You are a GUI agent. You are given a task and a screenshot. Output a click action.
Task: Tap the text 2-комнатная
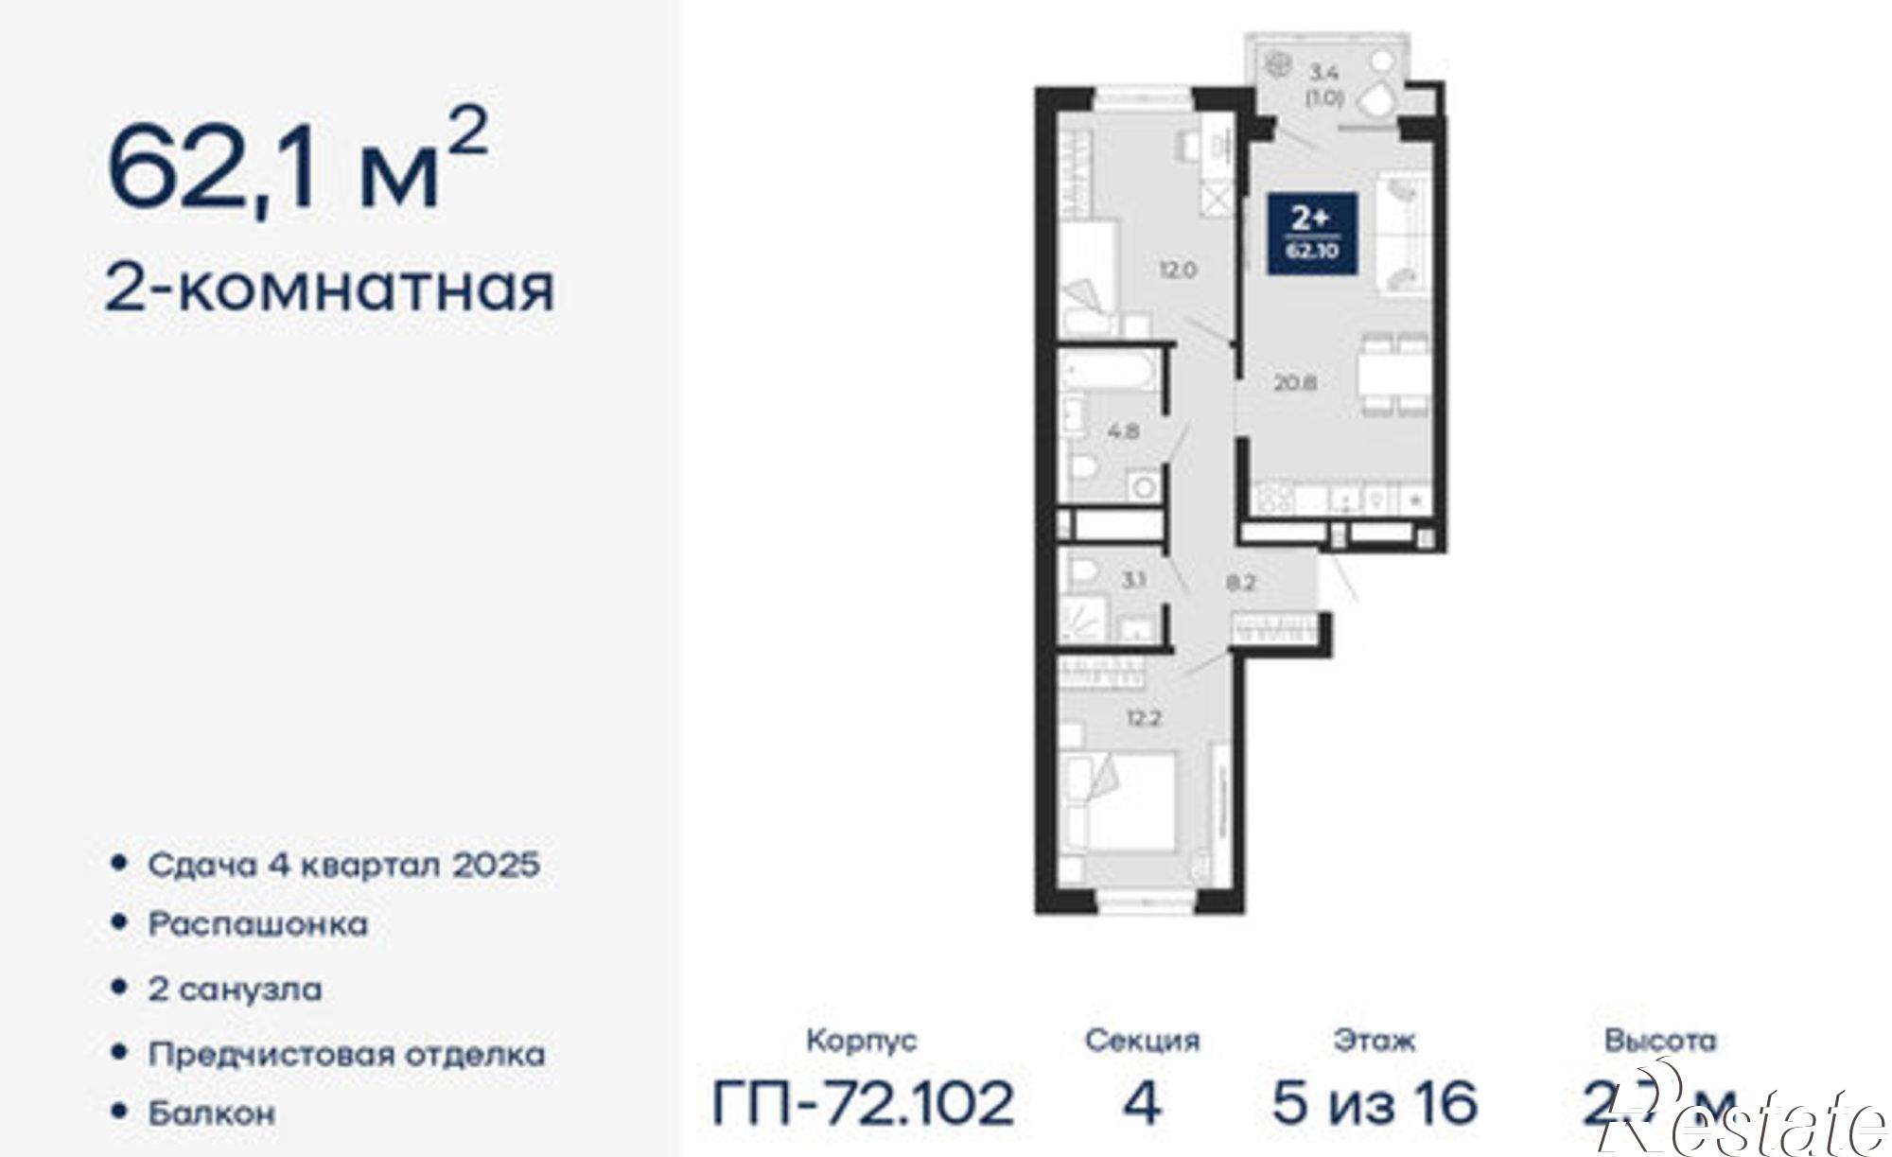pyautogui.click(x=328, y=289)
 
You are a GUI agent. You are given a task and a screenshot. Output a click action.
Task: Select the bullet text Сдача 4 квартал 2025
pyautogui.click(x=343, y=865)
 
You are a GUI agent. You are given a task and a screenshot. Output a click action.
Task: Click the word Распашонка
pyautogui.click(x=257, y=924)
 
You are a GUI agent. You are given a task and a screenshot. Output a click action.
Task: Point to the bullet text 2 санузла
pyautogui.click(x=235, y=990)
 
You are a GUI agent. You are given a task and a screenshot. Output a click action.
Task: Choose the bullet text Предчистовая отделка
pyautogui.click(x=346, y=1054)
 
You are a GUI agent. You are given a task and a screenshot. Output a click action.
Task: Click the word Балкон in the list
pyautogui.click(x=211, y=1113)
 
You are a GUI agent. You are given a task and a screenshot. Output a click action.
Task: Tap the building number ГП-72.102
pyautogui.click(x=862, y=1103)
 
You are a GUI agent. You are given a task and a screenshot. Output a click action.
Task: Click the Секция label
pyautogui.click(x=1142, y=1041)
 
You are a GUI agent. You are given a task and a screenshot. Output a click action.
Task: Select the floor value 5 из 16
pyautogui.click(x=1375, y=1103)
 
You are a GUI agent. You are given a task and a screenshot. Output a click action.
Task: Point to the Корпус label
pyautogui.click(x=861, y=1041)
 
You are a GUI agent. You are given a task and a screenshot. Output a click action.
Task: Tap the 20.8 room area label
pyautogui.click(x=1295, y=383)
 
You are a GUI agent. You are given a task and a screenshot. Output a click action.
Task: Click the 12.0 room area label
pyautogui.click(x=1179, y=270)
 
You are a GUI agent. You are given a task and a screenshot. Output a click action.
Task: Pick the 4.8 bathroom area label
pyautogui.click(x=1124, y=431)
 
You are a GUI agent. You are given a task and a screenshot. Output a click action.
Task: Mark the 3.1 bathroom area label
pyautogui.click(x=1133, y=580)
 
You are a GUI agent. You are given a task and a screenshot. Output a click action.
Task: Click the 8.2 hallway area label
pyautogui.click(x=1240, y=583)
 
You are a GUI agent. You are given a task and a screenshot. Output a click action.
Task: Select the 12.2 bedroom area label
pyautogui.click(x=1144, y=718)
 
